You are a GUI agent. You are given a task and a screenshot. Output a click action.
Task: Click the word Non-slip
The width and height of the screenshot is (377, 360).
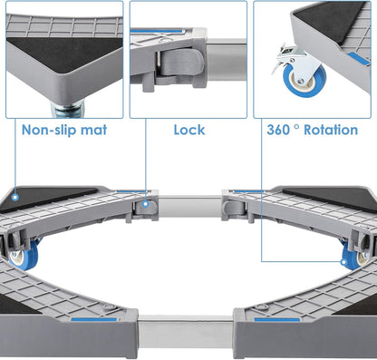pos(51,130)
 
